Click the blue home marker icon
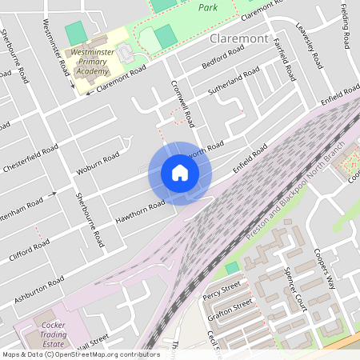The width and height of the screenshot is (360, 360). pyautogui.click(x=180, y=173)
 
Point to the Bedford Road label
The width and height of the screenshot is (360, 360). pyautogui.click(x=222, y=57)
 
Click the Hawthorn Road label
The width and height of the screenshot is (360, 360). pyautogui.click(x=139, y=210)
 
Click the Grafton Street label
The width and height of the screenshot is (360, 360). pyautogui.click(x=230, y=308)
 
